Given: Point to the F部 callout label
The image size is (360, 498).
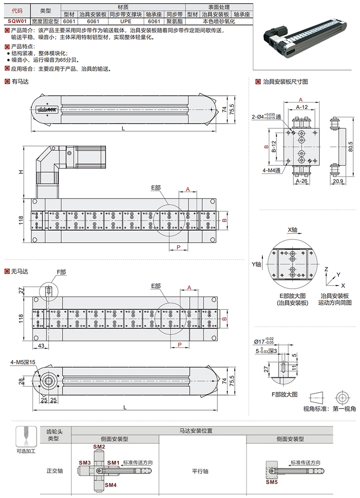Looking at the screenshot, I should coord(61,272).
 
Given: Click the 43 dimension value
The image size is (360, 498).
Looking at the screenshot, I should coord(40,345).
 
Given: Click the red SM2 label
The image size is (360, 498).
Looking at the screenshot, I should coord(99,447).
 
